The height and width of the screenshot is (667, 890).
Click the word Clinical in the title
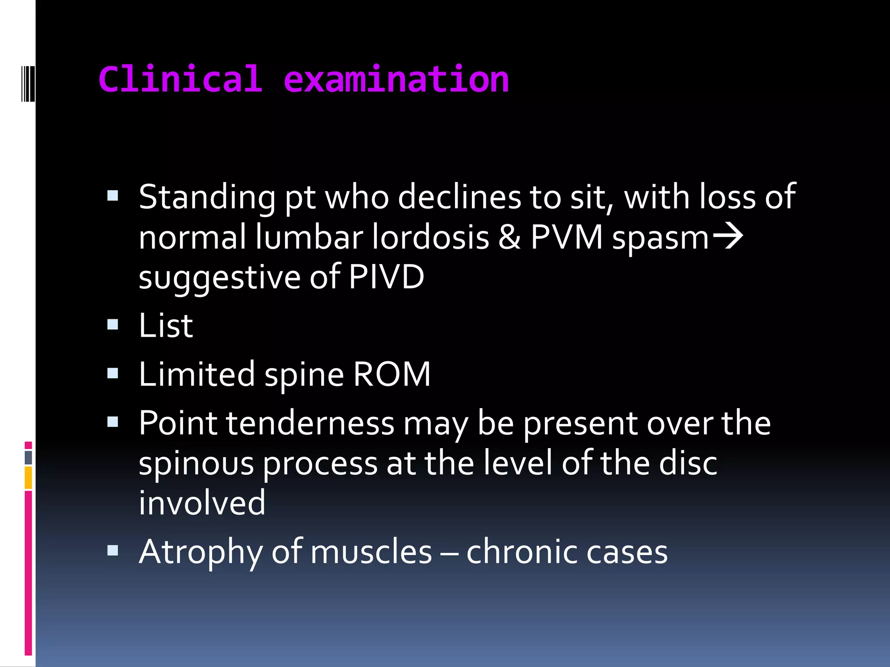[180, 79]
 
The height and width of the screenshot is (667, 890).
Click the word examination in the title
[396, 79]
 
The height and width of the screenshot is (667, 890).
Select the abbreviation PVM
[567, 238]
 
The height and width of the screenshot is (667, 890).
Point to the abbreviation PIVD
[386, 277]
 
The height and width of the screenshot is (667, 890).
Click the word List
[166, 326]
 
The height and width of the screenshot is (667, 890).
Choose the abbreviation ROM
[392, 374]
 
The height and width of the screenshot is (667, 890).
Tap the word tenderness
[310, 423]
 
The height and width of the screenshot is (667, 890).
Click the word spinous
[196, 464]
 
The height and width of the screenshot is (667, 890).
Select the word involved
[202, 503]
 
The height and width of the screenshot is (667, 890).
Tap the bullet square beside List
[113, 324]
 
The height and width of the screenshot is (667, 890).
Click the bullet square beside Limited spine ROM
[113, 373]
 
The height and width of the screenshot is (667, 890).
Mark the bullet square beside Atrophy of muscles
[113, 551]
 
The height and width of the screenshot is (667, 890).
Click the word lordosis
[431, 238]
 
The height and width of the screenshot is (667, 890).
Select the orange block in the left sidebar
[28, 478]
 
